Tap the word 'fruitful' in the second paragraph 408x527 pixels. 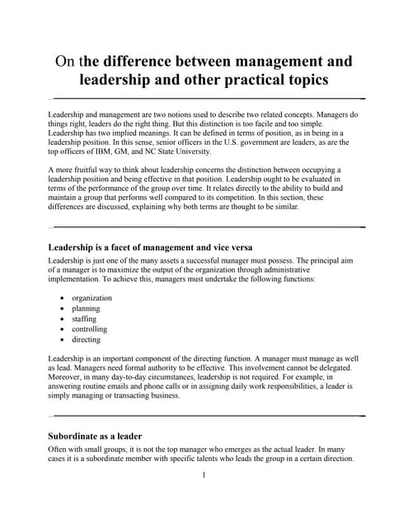tap(93, 169)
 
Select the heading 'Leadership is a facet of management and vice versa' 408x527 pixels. tap(150, 247)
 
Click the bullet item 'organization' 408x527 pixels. tap(91, 298)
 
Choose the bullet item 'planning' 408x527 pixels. tap(86, 309)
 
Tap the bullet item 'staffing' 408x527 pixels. tap(84, 319)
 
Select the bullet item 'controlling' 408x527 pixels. tap(89, 329)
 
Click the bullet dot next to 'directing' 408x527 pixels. tap(63, 339)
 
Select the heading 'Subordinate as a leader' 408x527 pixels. tap(96, 436)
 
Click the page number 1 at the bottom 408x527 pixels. tap(204, 476)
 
